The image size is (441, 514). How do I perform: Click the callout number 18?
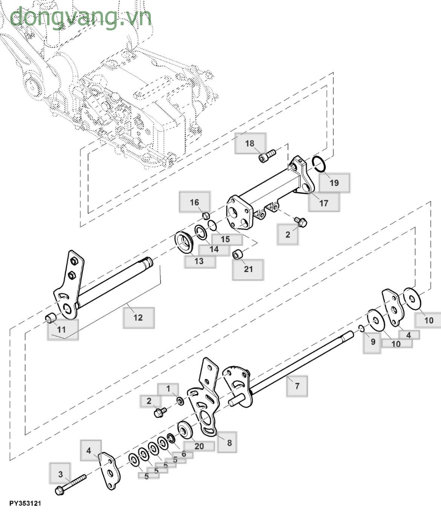(x=250, y=143)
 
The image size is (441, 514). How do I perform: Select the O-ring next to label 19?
(x=319, y=164)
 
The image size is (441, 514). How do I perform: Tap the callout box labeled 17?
(x=324, y=203)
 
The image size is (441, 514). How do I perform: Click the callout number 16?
(x=194, y=202)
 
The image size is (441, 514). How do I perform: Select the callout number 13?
(x=199, y=261)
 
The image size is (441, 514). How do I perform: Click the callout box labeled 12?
(x=138, y=318)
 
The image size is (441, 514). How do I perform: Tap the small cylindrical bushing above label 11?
(x=51, y=318)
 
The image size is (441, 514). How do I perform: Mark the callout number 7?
(x=297, y=386)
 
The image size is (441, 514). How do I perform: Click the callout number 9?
(x=373, y=342)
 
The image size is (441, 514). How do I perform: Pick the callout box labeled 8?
(x=229, y=443)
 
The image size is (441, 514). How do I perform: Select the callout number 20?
(x=199, y=446)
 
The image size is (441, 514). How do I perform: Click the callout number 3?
(x=60, y=474)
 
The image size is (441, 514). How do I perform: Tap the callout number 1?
(x=168, y=389)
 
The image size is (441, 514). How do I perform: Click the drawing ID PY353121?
(x=25, y=503)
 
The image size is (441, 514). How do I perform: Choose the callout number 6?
(x=184, y=454)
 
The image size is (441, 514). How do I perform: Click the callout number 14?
(x=214, y=249)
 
